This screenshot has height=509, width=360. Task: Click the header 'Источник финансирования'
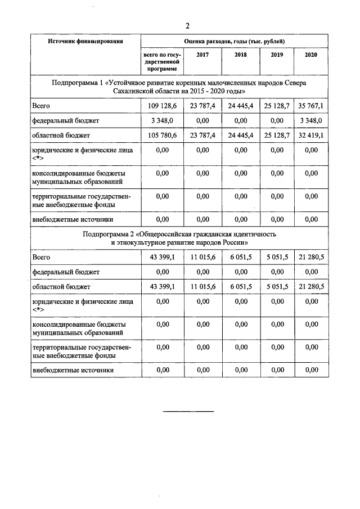(x=85, y=42)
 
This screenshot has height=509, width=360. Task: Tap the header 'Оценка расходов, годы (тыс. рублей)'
(x=235, y=42)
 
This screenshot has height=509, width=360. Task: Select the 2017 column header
(x=201, y=55)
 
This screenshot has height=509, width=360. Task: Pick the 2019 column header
(x=277, y=55)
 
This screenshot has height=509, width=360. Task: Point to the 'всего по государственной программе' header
(x=161, y=61)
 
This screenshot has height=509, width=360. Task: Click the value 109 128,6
(x=161, y=105)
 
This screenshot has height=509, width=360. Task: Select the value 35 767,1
(x=311, y=105)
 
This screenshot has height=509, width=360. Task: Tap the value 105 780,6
(x=161, y=136)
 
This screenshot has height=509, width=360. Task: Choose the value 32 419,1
(x=311, y=136)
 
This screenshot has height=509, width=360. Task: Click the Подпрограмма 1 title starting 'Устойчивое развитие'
(x=180, y=87)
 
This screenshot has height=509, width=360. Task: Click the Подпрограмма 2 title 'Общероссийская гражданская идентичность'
(x=180, y=238)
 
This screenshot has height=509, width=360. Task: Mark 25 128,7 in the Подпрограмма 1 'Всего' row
(x=277, y=105)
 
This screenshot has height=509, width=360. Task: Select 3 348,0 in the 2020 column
(x=311, y=120)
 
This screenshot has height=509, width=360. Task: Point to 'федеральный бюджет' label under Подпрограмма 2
(x=66, y=272)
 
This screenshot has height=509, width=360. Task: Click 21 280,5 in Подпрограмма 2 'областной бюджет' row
(x=311, y=287)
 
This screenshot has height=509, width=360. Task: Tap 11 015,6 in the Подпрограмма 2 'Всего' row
(x=201, y=256)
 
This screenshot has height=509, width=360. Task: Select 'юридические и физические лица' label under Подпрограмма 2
(x=83, y=302)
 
